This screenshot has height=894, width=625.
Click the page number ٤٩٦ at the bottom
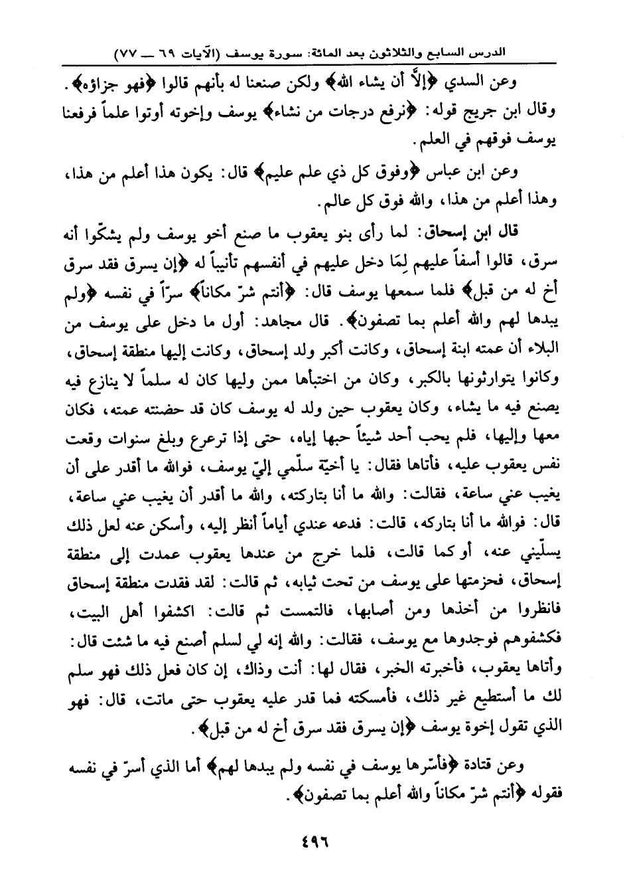point(312,841)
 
